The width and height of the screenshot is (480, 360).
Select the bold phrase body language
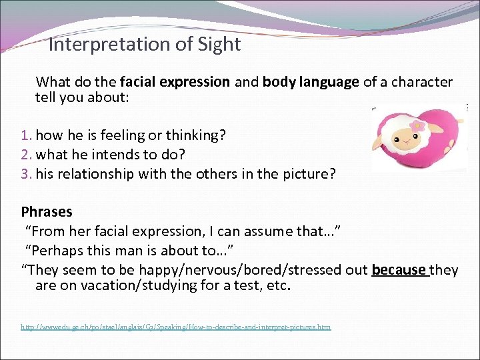pos(311,82)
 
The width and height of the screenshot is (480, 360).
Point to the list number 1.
pos(26,135)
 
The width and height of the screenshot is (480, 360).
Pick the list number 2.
pos(26,155)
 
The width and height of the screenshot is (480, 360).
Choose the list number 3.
pos(26,173)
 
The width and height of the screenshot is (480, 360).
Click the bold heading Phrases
pos(47,212)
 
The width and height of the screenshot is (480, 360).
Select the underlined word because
pos(399,270)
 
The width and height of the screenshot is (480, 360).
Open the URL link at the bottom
pos(175,327)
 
